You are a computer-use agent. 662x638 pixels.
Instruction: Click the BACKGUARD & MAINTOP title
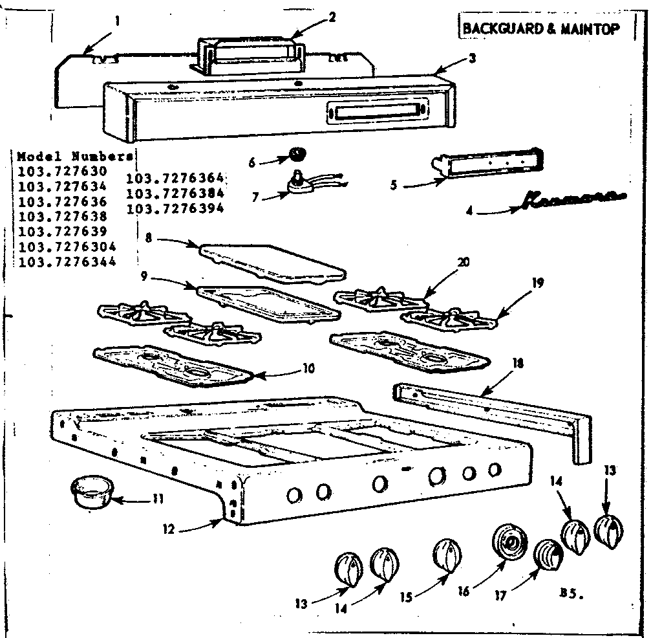(540, 29)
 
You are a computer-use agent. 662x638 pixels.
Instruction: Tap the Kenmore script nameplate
(569, 200)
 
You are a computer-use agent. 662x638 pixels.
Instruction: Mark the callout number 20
(462, 262)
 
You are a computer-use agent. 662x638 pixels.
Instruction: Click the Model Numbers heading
(75, 157)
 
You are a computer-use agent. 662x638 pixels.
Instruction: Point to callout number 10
(308, 368)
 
